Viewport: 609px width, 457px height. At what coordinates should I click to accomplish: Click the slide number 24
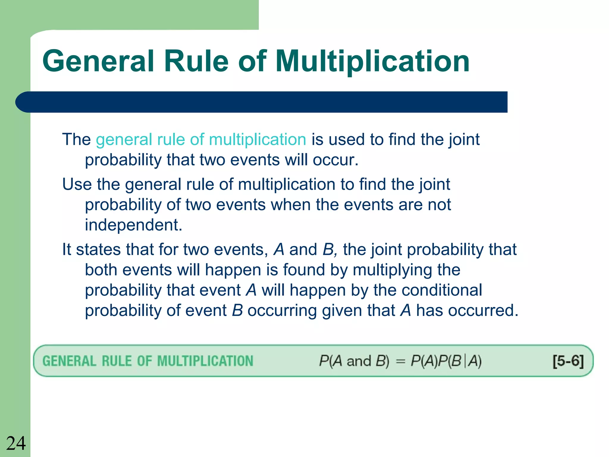pyautogui.click(x=16, y=443)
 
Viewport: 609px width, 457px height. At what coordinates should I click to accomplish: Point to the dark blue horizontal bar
pyautogui.click(x=262, y=102)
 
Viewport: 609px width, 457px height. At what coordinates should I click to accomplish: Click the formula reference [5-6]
pyautogui.click(x=568, y=361)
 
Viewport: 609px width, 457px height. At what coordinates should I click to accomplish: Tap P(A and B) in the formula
pyautogui.click(x=354, y=361)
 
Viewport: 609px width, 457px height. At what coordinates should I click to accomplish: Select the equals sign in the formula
pyautogui.click(x=401, y=361)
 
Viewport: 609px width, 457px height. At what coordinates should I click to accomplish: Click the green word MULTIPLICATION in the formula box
pyautogui.click(x=205, y=361)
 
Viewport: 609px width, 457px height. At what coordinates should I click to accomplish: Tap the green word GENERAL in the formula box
pyautogui.click(x=69, y=361)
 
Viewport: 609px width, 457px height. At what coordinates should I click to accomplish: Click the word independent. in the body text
pyautogui.click(x=134, y=225)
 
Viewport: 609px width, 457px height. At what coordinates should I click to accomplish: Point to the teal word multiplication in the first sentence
pyautogui.click(x=258, y=139)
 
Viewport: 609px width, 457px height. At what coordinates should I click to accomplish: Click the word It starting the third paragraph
pyautogui.click(x=66, y=249)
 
